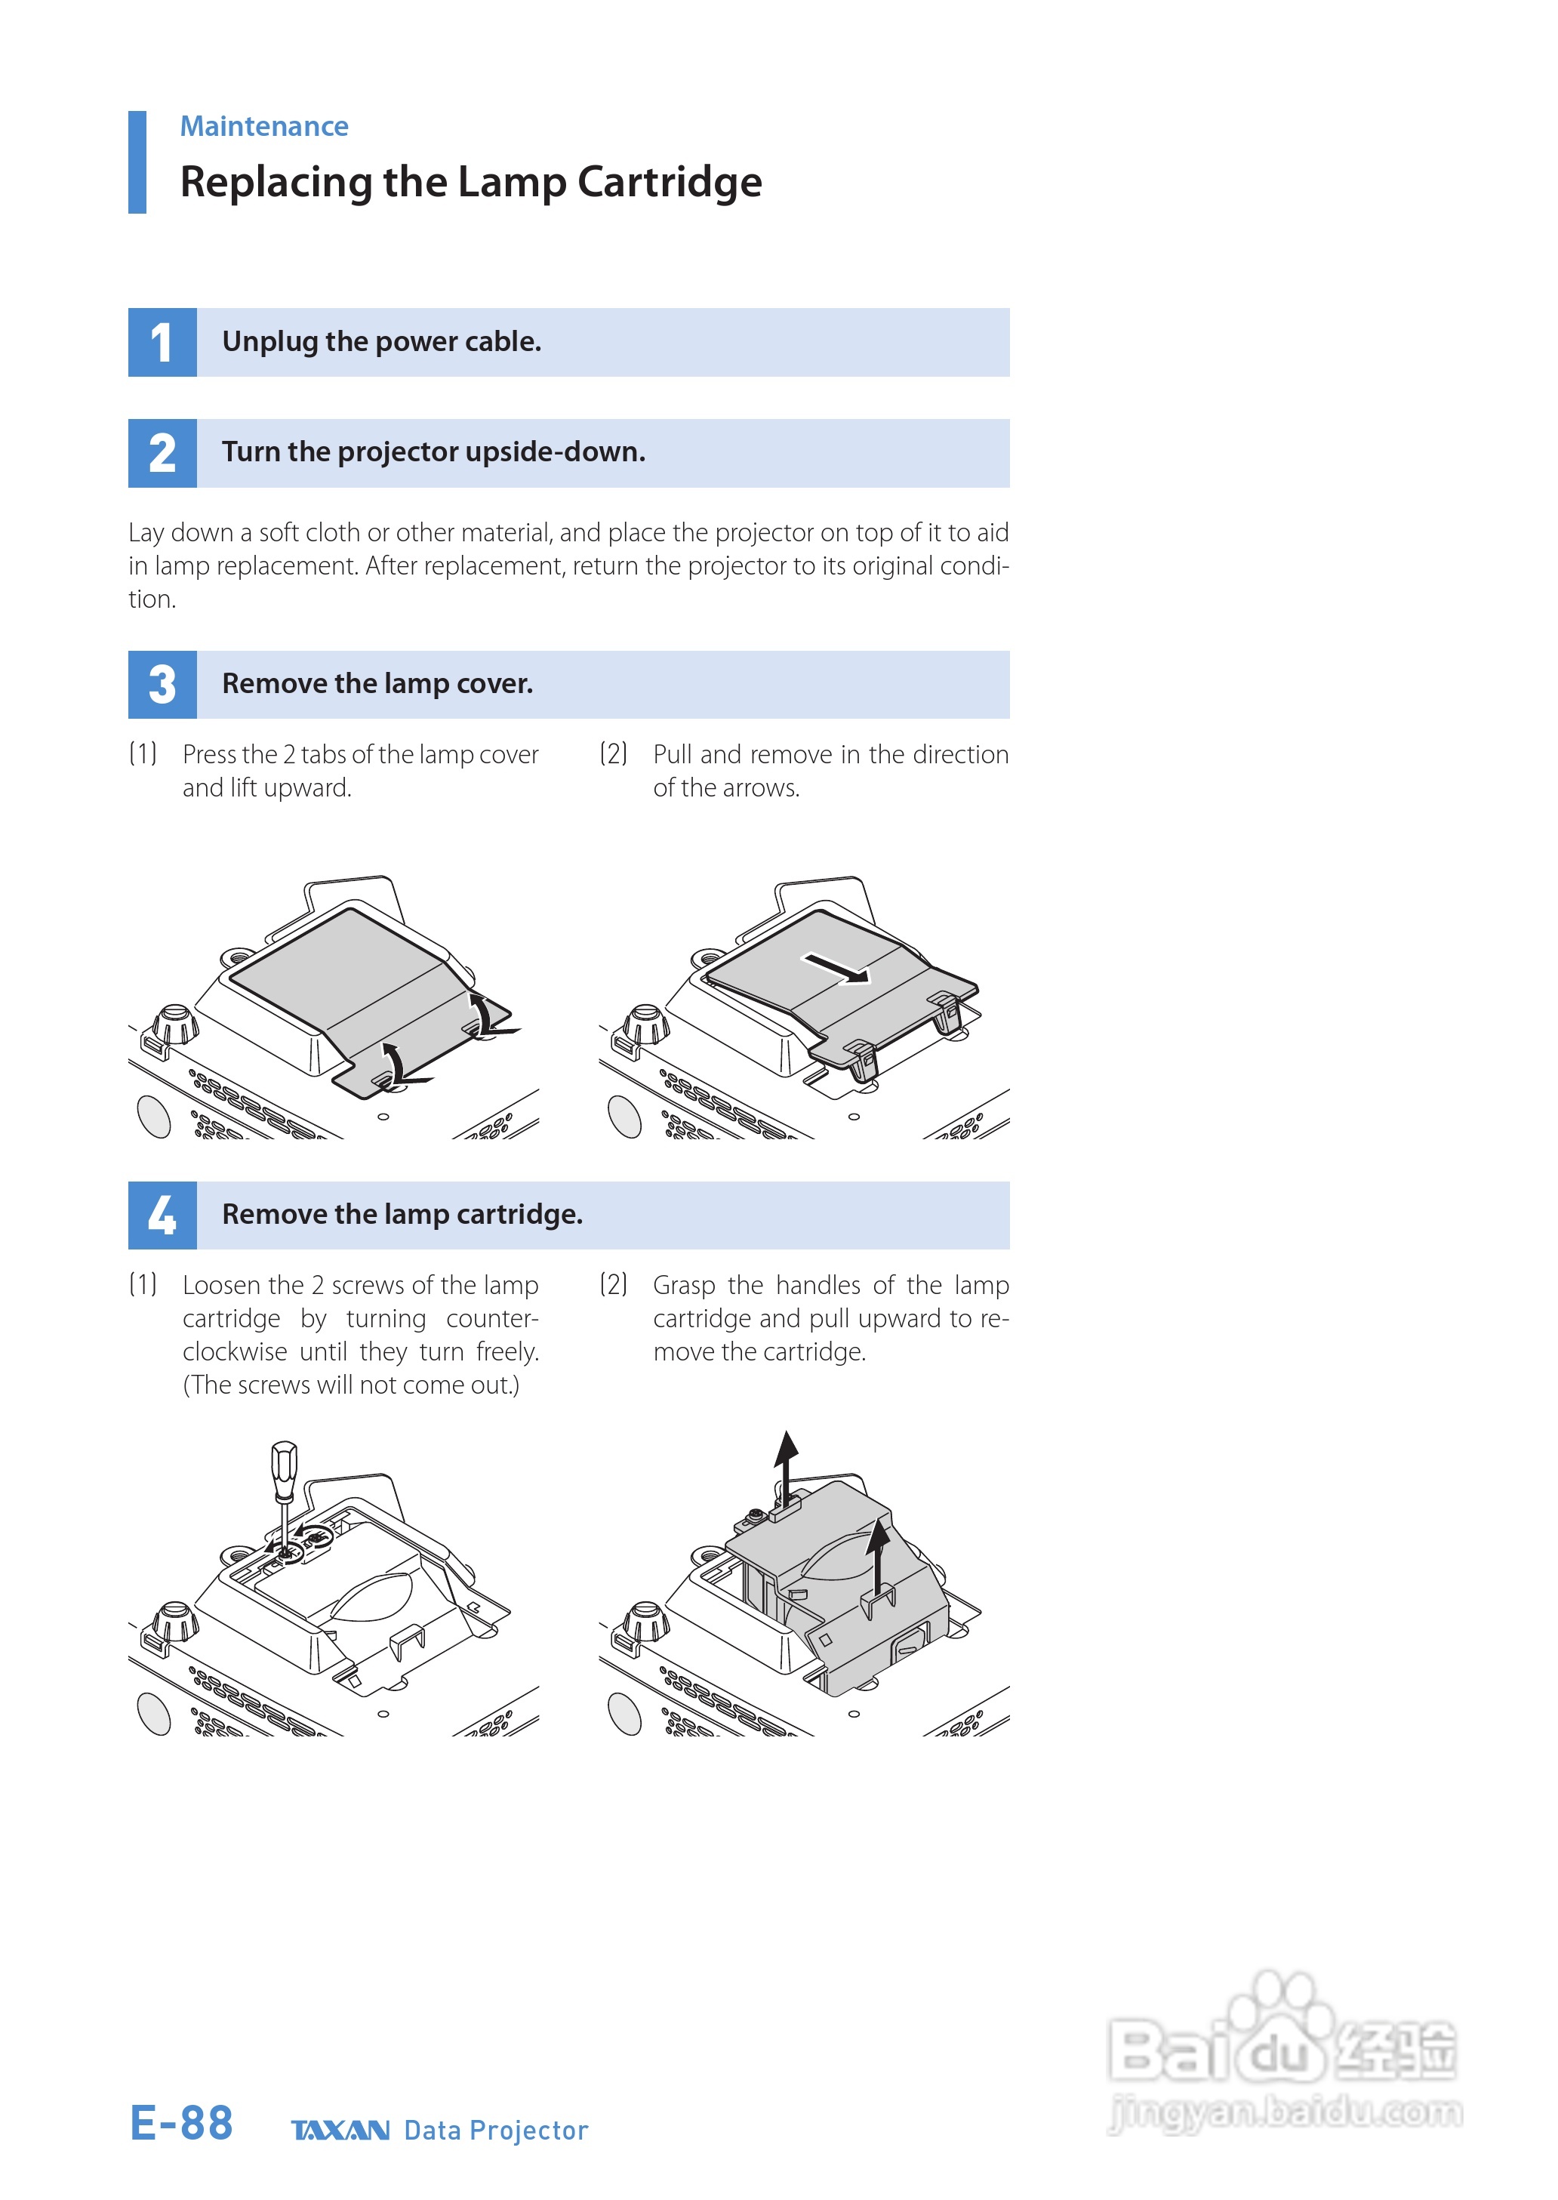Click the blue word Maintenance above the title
click(264, 127)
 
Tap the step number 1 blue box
click(162, 343)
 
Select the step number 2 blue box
click(162, 453)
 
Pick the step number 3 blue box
click(162, 685)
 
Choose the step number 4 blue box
click(162, 1216)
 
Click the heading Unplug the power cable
click(382, 341)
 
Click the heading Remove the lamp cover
click(377, 684)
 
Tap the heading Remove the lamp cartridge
click(402, 1215)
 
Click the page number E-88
click(181, 2122)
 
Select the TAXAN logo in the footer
click(340, 2130)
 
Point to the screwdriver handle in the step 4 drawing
click(284, 1468)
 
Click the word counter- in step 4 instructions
click(492, 1319)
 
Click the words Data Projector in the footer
click(495, 2130)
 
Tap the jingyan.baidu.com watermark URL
click(1286, 2111)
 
